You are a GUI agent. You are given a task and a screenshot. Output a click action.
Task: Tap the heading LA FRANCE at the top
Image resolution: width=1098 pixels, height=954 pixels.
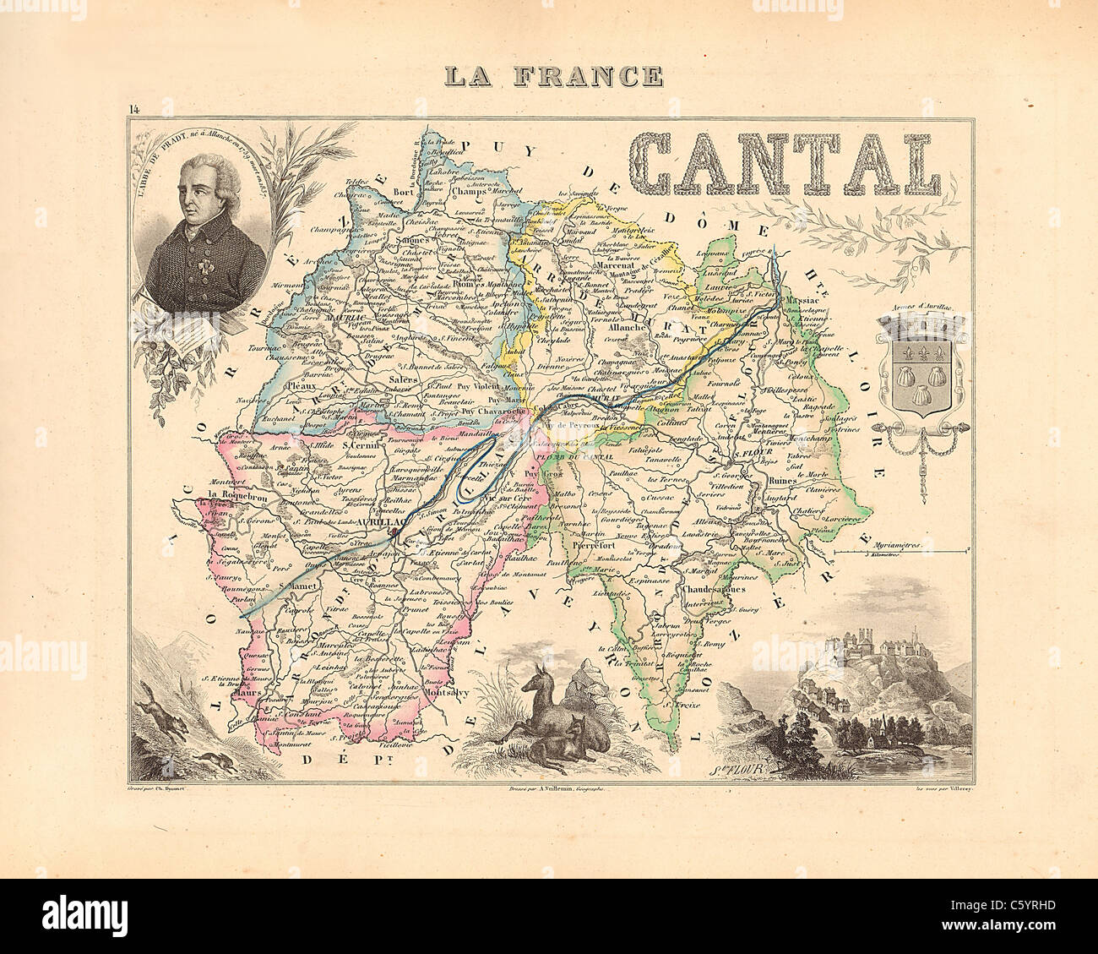point(554,75)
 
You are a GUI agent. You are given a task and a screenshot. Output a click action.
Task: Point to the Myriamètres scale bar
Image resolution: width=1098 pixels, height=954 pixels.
point(901,551)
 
